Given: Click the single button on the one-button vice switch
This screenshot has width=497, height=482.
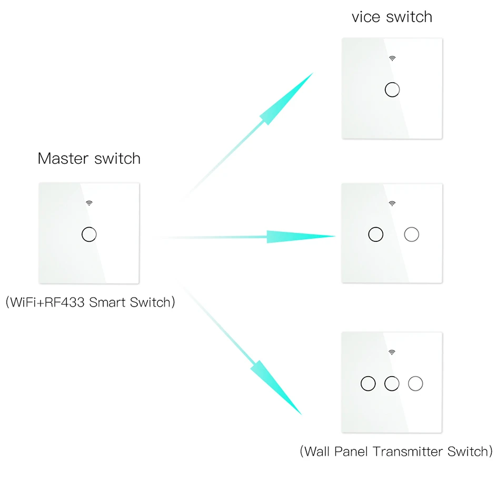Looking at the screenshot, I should coord(392,90).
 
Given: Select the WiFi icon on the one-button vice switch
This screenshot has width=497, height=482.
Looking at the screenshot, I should coord(392,58).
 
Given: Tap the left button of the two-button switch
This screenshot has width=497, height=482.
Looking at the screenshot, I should coord(376,234).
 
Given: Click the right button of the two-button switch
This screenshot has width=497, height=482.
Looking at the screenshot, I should coord(411,234).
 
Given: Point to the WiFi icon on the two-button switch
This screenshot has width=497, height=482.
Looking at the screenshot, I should coord(392,203).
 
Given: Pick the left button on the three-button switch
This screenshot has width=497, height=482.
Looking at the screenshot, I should coord(368,383).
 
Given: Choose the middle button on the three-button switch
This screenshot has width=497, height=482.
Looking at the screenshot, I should coord(392,383).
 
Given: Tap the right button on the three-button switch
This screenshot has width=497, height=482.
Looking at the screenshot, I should coord(415,383).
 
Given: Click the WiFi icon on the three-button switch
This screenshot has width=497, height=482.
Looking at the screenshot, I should coord(392,351).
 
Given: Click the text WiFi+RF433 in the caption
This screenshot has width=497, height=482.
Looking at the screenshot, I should coord(50,303).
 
